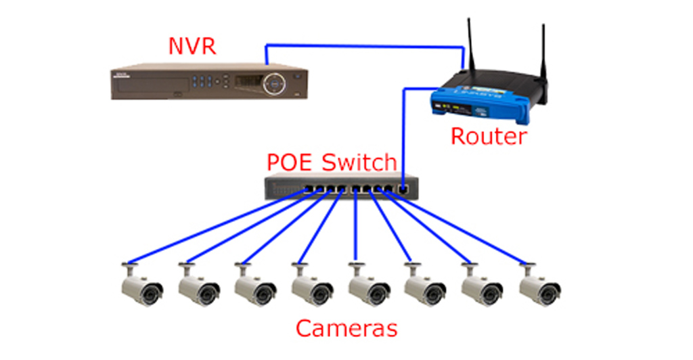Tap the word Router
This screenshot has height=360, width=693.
click(488, 136)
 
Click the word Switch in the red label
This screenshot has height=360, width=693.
click(358, 162)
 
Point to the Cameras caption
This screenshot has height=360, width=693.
click(346, 328)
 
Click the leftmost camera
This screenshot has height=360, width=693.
click(141, 288)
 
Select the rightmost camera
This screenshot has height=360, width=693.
click(539, 288)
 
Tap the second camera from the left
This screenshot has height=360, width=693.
click(198, 288)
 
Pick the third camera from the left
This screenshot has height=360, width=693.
click(254, 288)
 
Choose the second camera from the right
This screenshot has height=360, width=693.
click(482, 288)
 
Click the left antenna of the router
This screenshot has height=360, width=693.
click(470, 44)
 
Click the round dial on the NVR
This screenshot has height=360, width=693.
click(275, 82)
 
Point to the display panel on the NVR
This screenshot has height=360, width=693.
click(248, 82)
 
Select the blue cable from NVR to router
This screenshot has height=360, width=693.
click(365, 46)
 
